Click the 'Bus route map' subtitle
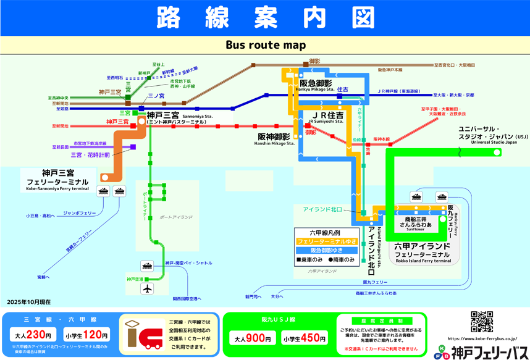[x=266, y=45]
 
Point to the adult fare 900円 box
[x=253, y=338]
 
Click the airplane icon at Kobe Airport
[x=147, y=288]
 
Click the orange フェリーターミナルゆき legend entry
[x=327, y=241]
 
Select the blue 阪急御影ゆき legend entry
[x=327, y=251]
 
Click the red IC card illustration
[x=143, y=337]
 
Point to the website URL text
[x=481, y=338]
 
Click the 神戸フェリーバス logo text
[x=488, y=353]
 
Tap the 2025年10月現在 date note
[x=29, y=302]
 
